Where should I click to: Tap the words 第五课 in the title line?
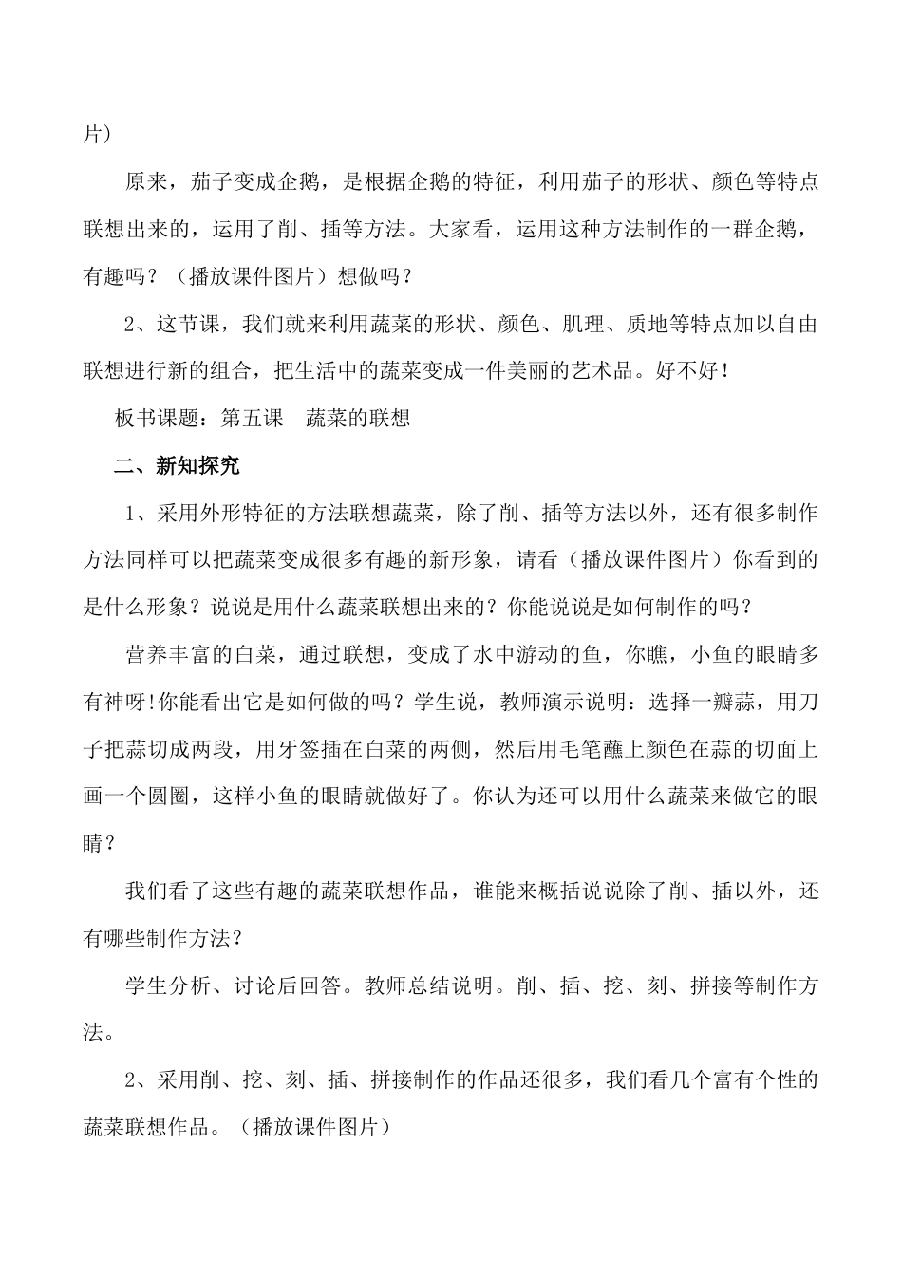(252, 419)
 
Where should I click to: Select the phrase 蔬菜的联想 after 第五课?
(358, 419)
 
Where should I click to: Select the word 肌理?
(589, 324)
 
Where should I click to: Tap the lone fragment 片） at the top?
(98, 135)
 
